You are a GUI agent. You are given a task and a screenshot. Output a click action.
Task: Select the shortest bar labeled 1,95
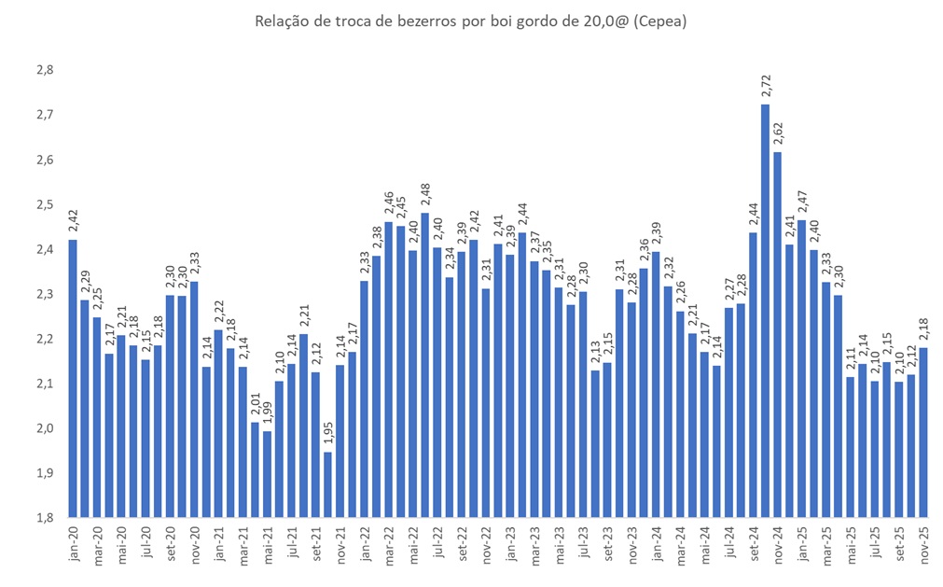click(328, 484)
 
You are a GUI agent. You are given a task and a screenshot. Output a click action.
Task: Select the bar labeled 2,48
click(425, 365)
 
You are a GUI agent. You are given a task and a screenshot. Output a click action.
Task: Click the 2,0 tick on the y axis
click(44, 429)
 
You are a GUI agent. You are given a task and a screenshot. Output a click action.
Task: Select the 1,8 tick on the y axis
click(44, 518)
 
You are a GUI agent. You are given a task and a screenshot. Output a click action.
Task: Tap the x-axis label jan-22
click(365, 545)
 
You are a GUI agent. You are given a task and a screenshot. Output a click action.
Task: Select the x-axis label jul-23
click(583, 543)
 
